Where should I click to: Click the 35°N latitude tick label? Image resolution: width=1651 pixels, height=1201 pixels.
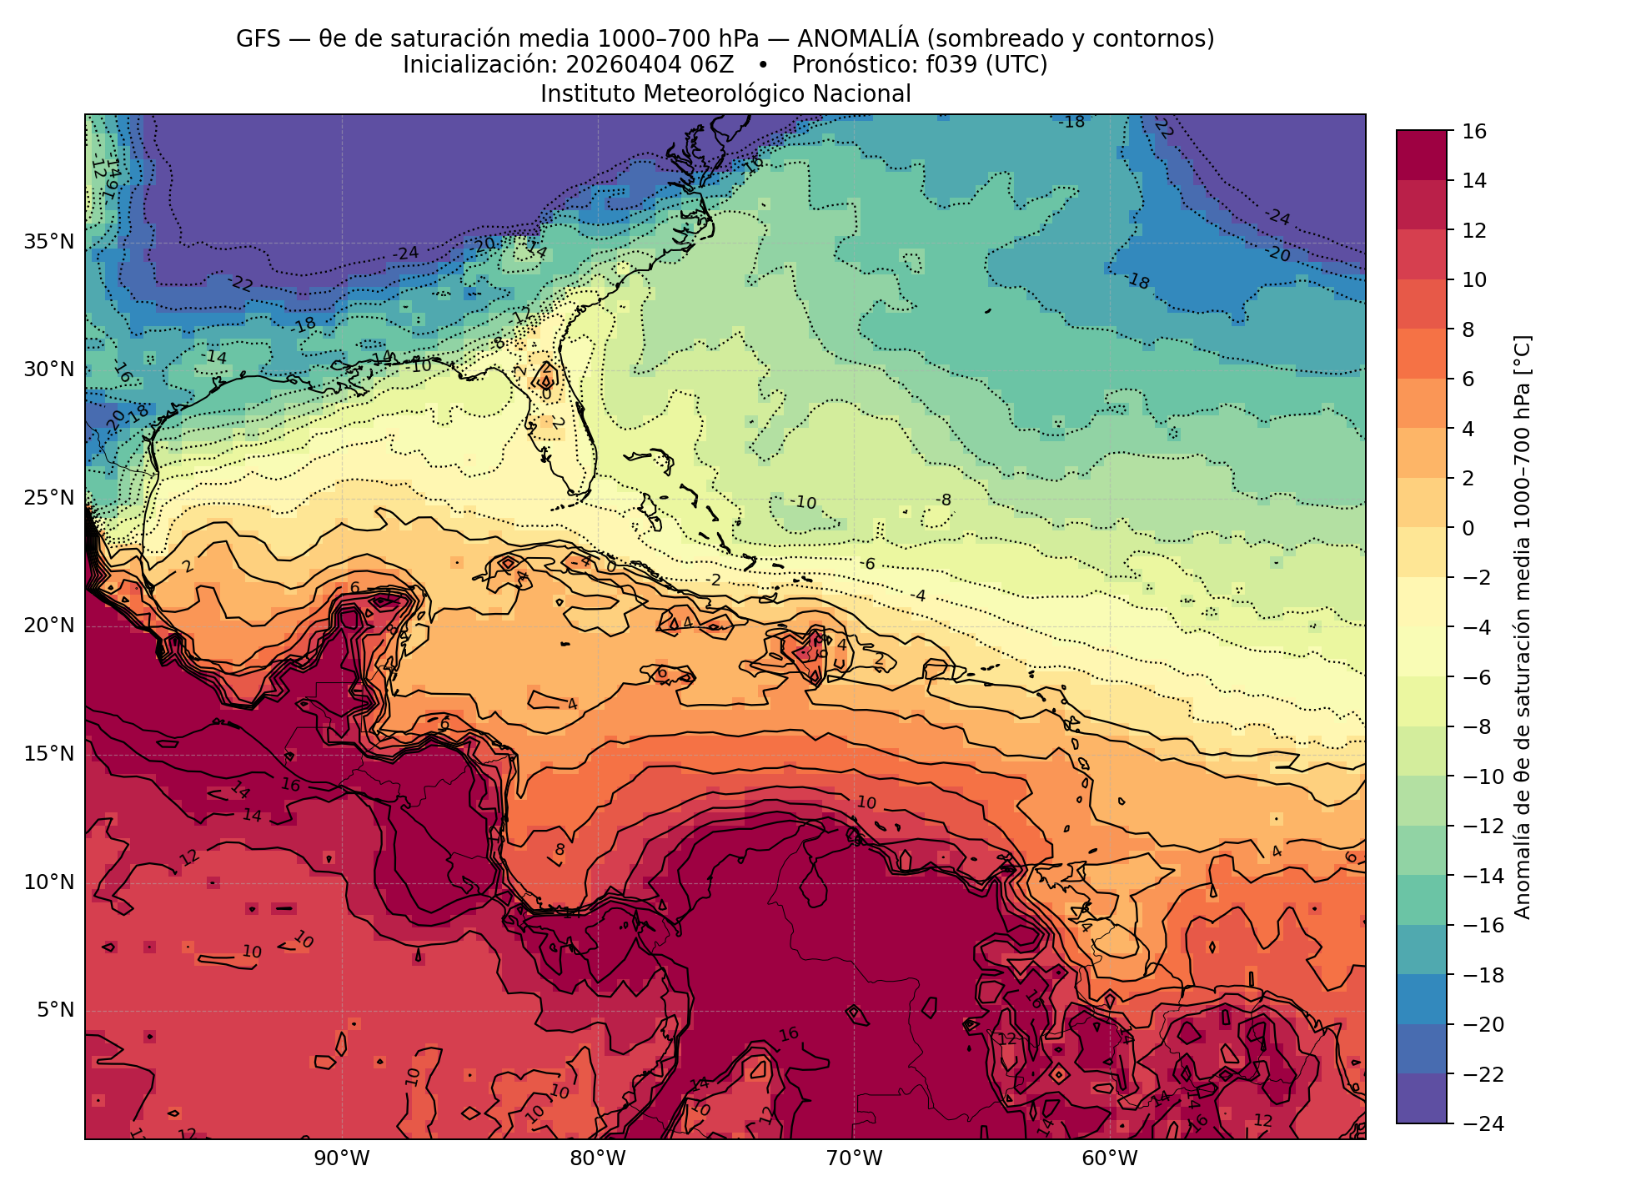49,242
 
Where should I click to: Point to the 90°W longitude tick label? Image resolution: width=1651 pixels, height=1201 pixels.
341,1158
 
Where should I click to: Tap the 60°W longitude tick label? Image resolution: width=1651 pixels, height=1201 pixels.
1110,1158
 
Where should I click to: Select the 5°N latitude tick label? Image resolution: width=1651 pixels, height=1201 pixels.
55,1011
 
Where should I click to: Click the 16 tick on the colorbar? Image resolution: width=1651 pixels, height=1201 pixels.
1473,131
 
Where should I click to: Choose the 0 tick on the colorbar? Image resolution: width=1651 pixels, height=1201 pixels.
1468,528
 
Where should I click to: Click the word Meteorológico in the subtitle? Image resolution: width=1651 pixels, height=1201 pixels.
725,94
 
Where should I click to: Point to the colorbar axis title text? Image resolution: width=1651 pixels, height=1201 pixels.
1522,627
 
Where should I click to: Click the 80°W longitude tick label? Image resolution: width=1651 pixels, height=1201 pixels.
598,1158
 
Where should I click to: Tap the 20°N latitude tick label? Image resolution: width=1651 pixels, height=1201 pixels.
49,626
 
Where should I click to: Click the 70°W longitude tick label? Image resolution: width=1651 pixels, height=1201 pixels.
854,1158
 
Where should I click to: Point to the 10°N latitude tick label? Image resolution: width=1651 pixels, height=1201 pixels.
49,882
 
